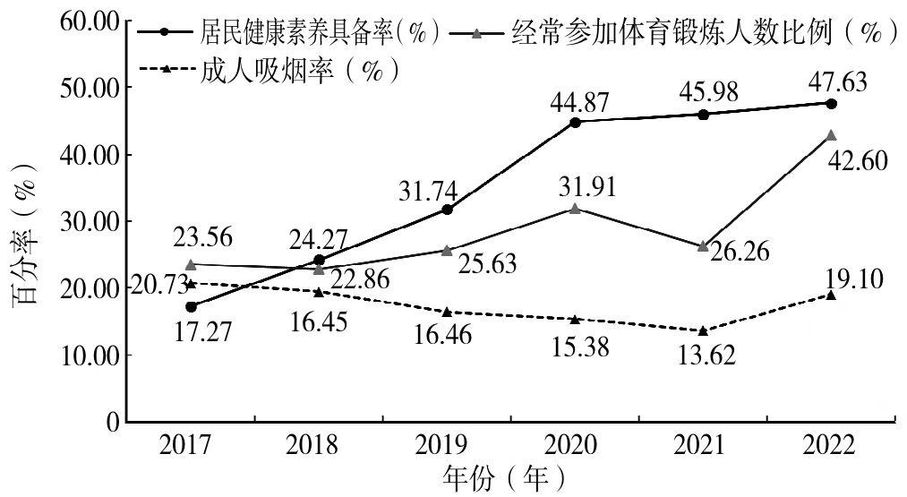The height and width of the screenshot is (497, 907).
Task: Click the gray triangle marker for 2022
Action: [831, 135]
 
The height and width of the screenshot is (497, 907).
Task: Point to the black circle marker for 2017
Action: [192, 306]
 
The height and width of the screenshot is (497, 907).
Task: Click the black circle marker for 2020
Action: [575, 122]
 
